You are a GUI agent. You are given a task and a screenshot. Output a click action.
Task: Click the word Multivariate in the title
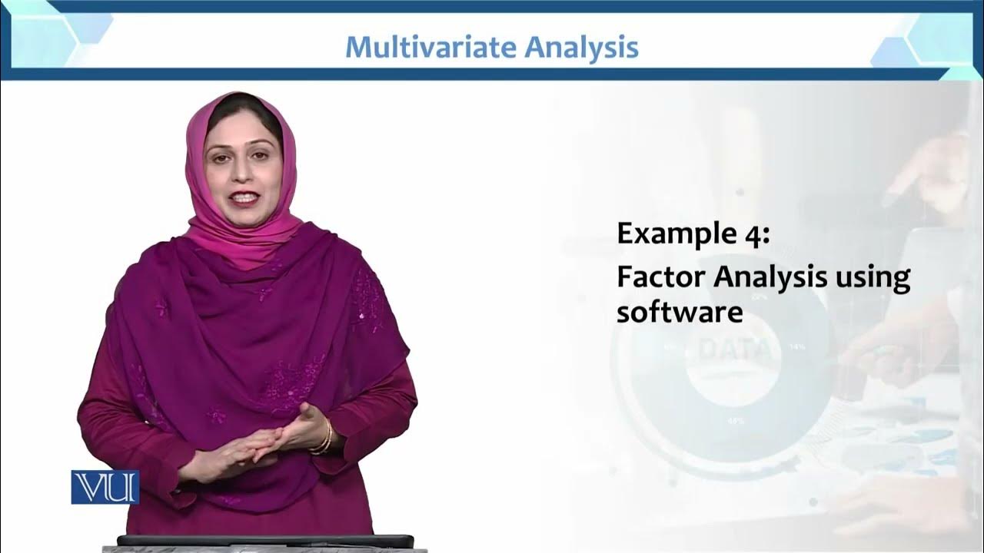click(x=430, y=48)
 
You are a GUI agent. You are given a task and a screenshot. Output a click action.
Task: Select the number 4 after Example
click(x=756, y=233)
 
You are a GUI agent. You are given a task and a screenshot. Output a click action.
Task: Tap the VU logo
click(x=105, y=487)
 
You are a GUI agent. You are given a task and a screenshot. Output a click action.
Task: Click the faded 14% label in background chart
click(x=797, y=347)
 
